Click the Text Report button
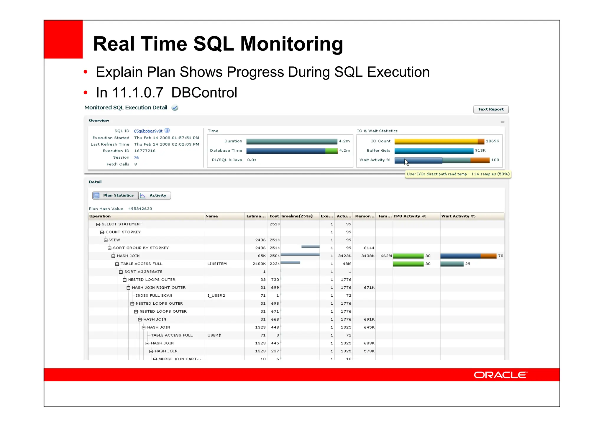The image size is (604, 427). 490,109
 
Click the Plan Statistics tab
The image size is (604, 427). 115,196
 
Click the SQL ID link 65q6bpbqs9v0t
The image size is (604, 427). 148,131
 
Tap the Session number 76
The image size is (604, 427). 136,157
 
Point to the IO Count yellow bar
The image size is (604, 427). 436,142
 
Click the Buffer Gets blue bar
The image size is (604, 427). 434,151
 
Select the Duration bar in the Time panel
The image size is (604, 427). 291,142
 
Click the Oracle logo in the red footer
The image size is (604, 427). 500,375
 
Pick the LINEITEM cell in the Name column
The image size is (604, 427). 217,264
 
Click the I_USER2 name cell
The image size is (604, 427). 216,295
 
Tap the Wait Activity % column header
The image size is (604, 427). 458,216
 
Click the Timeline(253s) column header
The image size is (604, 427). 296,216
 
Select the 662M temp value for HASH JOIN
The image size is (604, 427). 386,256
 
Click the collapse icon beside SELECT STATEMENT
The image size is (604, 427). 98,224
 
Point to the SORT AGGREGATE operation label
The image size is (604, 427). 143,272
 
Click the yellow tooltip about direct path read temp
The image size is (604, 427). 458,174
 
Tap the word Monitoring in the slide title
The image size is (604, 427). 291,44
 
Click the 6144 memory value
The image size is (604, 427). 369,248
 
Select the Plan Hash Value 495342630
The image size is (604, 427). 140,209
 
